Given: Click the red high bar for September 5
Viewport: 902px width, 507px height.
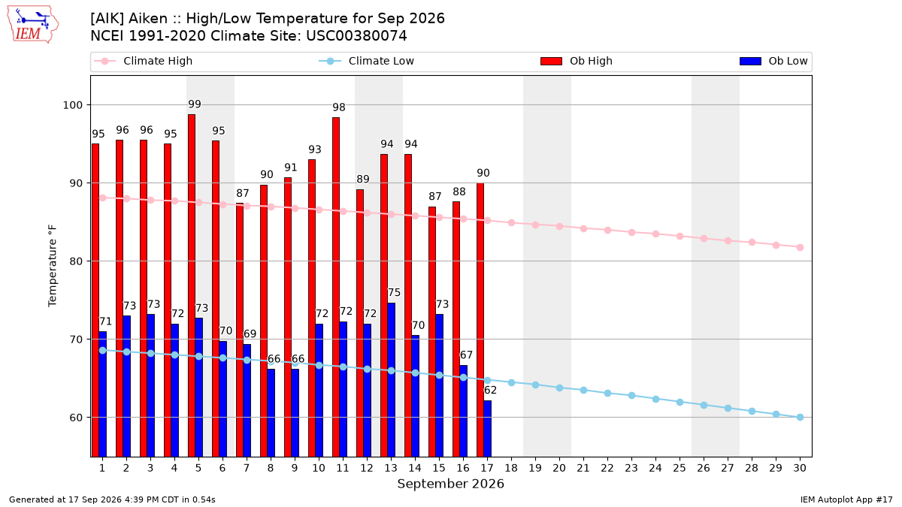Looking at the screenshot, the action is pos(192,285).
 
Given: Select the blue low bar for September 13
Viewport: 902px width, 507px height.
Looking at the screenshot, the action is pos(392,380).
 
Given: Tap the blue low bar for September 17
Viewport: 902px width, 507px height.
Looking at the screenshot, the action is pos(488,429).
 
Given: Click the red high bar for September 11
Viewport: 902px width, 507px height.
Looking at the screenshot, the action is pos(336,287).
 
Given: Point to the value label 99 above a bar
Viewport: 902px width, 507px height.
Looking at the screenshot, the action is pos(195,104).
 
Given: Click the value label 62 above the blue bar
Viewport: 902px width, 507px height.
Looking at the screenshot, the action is pos(490,390).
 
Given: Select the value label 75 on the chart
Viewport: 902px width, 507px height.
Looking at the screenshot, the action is pos(394,292).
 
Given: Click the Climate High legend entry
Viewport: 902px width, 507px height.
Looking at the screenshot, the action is pos(144,61).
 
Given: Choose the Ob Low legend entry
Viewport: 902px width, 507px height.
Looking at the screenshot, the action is pos(773,61).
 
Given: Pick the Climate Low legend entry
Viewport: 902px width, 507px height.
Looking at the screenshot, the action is pos(367,61).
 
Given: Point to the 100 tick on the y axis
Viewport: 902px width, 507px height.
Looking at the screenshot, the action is pos(72,105).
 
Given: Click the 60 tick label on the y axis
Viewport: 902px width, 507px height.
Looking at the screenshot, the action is pos(76,418).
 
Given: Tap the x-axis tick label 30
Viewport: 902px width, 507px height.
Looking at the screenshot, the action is pos(800,468).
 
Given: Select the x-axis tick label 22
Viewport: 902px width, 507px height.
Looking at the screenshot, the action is pos(607,468).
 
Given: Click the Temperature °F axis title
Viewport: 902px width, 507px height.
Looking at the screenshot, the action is pos(53,266).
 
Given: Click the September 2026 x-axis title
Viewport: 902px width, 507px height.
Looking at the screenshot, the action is pos(450,484).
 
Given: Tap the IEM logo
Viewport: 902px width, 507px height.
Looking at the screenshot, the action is pos(33,25).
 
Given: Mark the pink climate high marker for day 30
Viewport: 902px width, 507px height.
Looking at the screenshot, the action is pos(800,247).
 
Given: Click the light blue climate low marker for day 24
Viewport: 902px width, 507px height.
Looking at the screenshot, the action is pos(655,399).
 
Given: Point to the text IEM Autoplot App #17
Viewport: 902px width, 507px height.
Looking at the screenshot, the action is pos(846,499).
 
